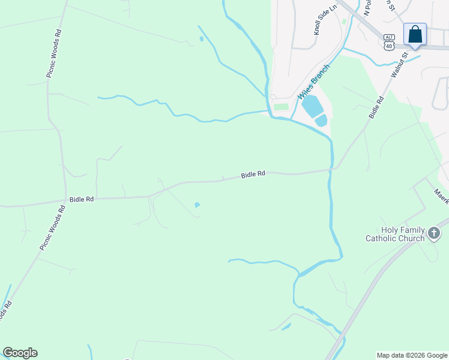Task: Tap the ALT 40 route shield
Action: click(390, 41)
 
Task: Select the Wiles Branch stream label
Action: click(314, 82)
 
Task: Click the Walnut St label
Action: click(399, 65)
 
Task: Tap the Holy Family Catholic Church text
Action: click(395, 234)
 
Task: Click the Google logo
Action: click(20, 353)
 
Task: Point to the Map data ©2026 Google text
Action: click(412, 355)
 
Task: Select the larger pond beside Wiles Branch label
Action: click(312, 106)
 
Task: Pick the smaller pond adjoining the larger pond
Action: click(322, 120)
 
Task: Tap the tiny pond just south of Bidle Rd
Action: click(197, 205)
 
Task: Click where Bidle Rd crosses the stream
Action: click(330, 170)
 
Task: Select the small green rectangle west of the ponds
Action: click(281, 107)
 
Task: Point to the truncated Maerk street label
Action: click(441, 196)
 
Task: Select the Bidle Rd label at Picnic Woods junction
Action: click(82, 199)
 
